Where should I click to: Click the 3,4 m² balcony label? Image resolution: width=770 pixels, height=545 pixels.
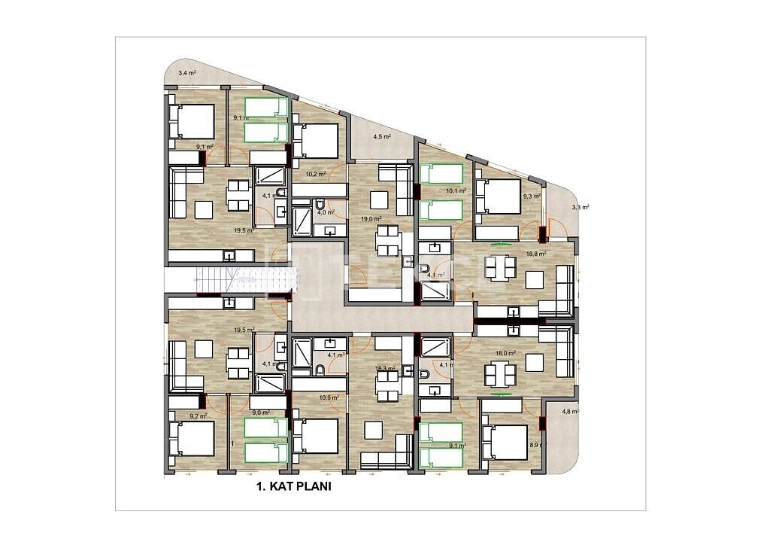point(186,73)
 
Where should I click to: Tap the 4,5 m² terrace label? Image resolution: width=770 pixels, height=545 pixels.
point(382,137)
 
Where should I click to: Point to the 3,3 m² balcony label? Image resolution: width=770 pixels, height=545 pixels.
point(581,206)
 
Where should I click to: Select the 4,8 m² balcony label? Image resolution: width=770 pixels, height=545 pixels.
point(571,412)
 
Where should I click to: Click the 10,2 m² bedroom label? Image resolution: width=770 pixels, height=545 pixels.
point(316,174)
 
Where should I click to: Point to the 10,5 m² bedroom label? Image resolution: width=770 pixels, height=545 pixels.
point(329,398)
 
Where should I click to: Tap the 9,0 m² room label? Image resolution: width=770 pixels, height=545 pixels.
point(261,413)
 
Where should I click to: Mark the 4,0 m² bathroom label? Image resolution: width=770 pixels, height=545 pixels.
point(325,212)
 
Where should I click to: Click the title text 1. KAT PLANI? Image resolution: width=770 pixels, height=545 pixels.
point(294,486)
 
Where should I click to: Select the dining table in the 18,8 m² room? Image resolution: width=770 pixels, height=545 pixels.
point(500,267)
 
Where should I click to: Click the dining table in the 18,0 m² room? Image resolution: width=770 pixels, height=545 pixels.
point(500,374)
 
